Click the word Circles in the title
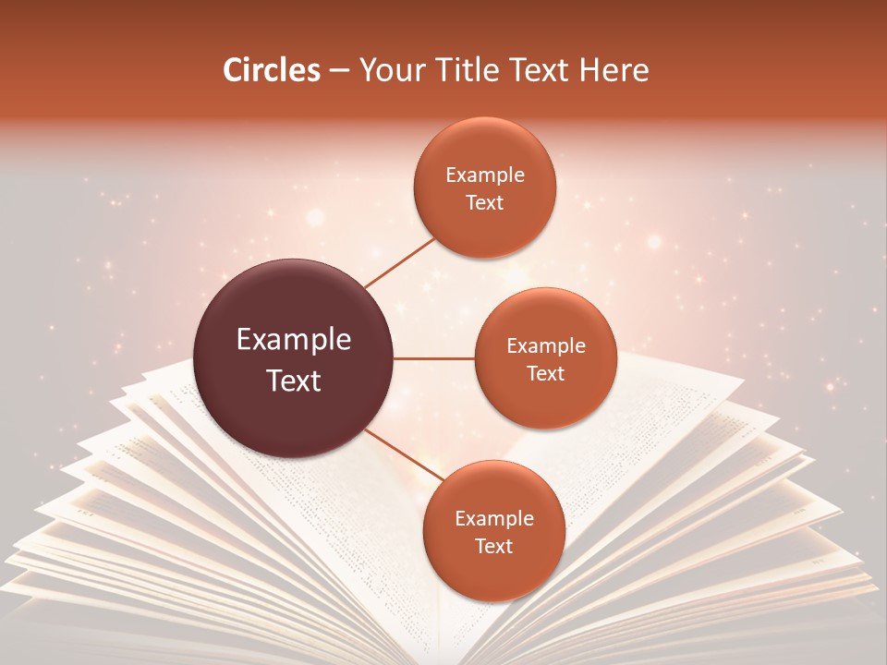coord(271,70)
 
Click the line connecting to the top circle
coord(401,262)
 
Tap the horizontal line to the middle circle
coord(434,358)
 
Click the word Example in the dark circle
coord(294,340)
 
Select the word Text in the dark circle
coord(294,381)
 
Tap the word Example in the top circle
coord(484,175)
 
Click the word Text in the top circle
coord(484,202)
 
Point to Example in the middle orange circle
coord(545,346)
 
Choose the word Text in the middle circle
coord(545,373)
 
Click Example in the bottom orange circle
coord(493,519)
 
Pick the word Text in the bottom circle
coord(493,546)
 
